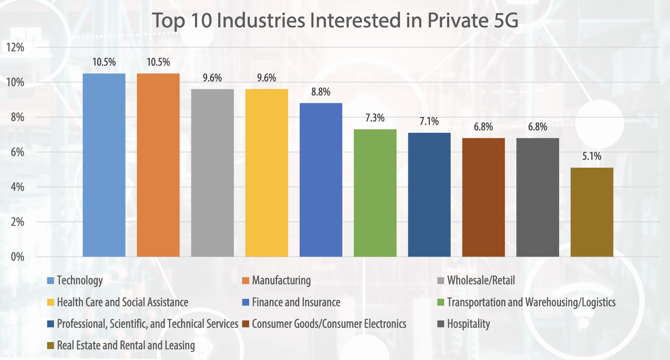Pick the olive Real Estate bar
[592, 212]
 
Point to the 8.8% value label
[321, 92]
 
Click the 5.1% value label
[592, 156]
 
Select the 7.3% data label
[375, 118]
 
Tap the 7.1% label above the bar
[429, 121]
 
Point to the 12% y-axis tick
[15, 47]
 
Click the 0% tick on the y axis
[17, 257]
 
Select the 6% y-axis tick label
[17, 152]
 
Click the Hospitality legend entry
[468, 324]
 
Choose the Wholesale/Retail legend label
[481, 281]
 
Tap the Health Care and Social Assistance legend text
[123, 302]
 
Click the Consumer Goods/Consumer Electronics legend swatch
[245, 324]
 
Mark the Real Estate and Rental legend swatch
[50, 345]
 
